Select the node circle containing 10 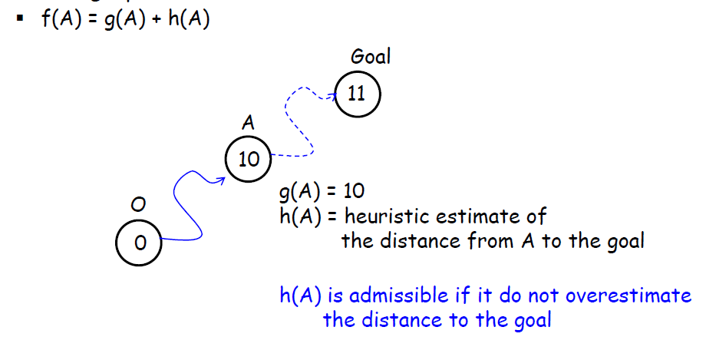point(249,160)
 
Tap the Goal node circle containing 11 point(357,94)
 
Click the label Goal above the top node point(371,57)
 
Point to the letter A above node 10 point(248,123)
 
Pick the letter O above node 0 point(139,205)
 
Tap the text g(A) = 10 point(322,191)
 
